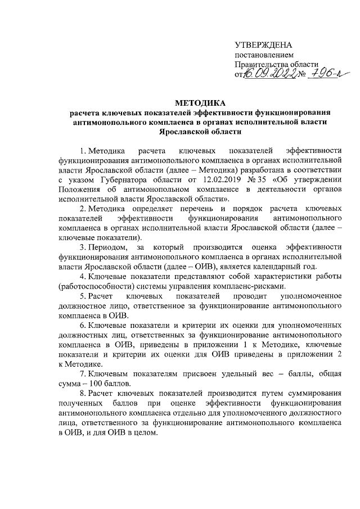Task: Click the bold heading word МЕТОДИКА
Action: click(x=200, y=103)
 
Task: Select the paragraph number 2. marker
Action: click(x=82, y=209)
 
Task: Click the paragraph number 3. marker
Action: click(x=82, y=247)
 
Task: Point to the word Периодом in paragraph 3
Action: click(x=106, y=247)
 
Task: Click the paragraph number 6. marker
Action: click(x=82, y=325)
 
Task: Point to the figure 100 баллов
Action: click(x=107, y=384)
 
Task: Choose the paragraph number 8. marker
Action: click(x=82, y=393)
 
